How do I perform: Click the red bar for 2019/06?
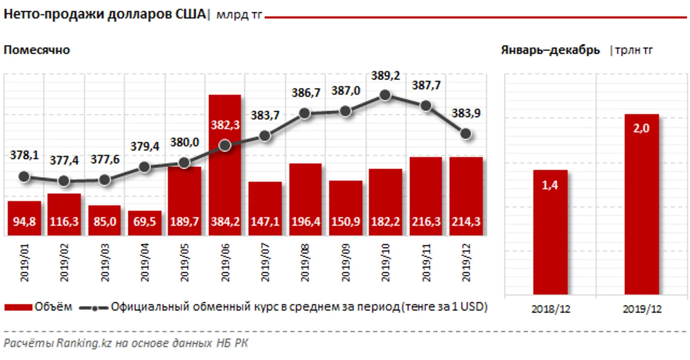point(225,182)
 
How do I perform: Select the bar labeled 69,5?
point(145,223)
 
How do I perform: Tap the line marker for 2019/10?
point(385,95)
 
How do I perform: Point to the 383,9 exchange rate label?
point(465,113)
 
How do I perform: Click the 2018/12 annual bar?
point(550,232)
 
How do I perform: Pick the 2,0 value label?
point(641,128)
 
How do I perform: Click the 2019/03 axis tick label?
point(105,263)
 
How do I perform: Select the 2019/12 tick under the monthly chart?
point(466,263)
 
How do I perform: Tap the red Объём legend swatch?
point(18,307)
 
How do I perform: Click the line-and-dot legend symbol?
point(94,308)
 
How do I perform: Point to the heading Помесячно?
point(37,50)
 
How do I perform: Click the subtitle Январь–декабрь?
point(550,50)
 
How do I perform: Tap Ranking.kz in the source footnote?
point(77,343)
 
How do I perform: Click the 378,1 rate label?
point(24,156)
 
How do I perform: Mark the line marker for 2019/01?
point(25,177)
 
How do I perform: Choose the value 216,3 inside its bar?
point(426,222)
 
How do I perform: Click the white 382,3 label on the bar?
point(225,125)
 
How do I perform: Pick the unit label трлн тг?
point(634,50)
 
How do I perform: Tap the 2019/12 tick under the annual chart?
point(642,309)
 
